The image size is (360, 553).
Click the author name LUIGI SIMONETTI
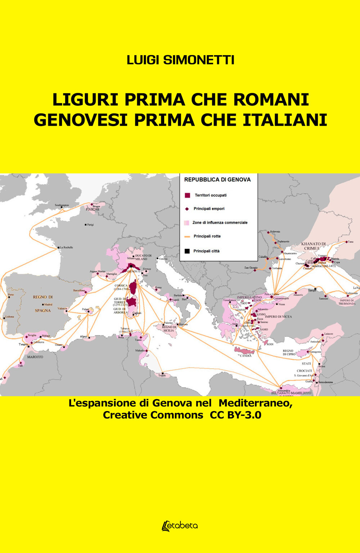click(x=180, y=60)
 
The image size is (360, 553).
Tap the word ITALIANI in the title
click(x=285, y=120)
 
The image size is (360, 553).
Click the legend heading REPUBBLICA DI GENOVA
click(x=217, y=179)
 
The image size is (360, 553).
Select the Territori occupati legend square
click(x=187, y=195)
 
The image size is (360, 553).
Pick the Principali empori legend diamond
click(x=187, y=209)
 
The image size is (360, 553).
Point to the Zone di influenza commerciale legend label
click(x=220, y=223)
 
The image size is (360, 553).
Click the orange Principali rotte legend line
click(x=187, y=237)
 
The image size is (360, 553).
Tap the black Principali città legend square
click(x=187, y=251)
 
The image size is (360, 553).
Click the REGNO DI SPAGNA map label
click(x=43, y=303)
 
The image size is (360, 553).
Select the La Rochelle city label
click(x=66, y=247)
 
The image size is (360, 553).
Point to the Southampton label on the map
click(x=62, y=205)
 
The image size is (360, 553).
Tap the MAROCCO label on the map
click(x=35, y=357)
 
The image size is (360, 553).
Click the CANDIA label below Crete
click(x=246, y=356)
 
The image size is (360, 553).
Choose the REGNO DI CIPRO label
click(x=289, y=352)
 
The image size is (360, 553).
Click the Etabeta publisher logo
click(x=180, y=526)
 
